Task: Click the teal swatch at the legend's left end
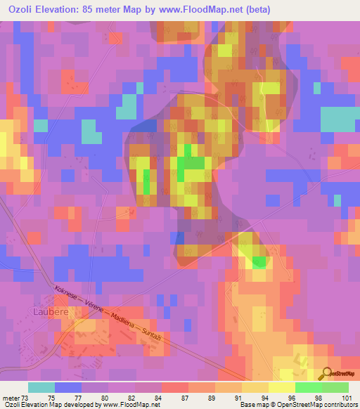[41, 387]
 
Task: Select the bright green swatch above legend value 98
[308, 387]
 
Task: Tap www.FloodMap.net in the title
[205, 8]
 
